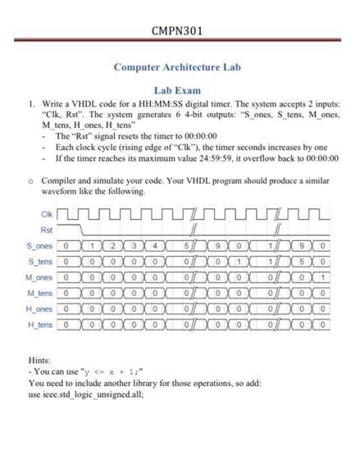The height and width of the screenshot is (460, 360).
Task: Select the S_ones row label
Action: pos(41,246)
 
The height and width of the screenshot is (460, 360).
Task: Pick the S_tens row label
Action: pos(41,262)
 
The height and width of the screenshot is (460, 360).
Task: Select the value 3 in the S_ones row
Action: pos(133,246)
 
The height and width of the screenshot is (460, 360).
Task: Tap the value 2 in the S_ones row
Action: pos(112,246)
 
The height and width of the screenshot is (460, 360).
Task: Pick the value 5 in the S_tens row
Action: pos(301,262)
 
